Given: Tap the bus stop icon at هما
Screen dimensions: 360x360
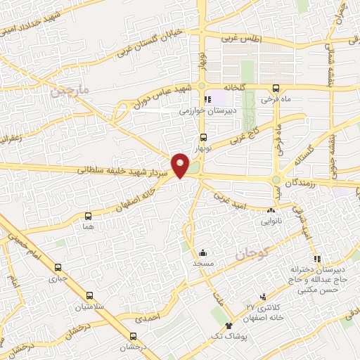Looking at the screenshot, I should (x=88, y=216).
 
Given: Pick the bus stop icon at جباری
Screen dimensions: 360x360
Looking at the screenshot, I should (x=58, y=267).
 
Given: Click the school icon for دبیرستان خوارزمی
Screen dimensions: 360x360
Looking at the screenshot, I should (x=207, y=100).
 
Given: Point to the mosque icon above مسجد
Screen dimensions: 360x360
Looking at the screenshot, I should (x=203, y=252).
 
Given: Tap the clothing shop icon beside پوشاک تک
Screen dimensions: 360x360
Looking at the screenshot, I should (x=229, y=326).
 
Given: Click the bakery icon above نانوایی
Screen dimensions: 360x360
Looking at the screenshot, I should (x=271, y=210).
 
